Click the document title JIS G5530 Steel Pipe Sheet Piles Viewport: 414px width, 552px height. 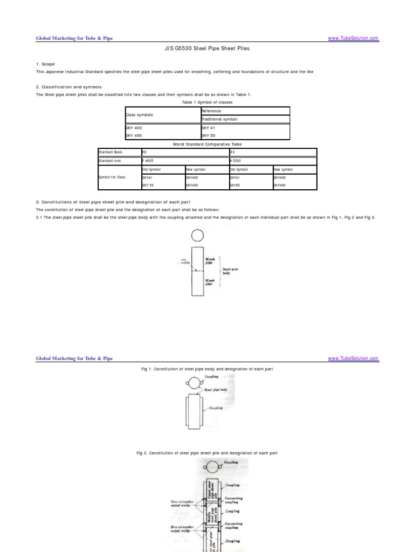pos(207,49)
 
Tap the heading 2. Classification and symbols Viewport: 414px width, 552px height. pos(68,87)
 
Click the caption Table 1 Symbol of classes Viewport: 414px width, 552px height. pos(206,101)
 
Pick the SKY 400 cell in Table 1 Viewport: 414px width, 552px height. pos(135,128)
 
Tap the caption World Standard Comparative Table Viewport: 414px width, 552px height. pos(207,144)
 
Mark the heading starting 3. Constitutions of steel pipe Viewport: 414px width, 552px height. pos(114,202)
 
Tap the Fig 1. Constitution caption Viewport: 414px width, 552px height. pos(207,369)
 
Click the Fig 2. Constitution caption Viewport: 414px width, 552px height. pos(207,453)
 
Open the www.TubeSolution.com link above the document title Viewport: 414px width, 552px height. pos(353,38)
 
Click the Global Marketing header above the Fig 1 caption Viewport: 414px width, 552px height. pos(74,358)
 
